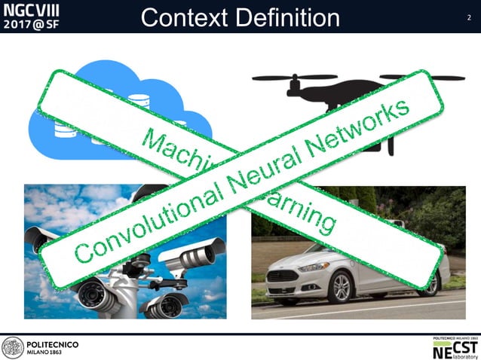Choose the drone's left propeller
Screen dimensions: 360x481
point(294,77)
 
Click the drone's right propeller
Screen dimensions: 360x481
point(422,77)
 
